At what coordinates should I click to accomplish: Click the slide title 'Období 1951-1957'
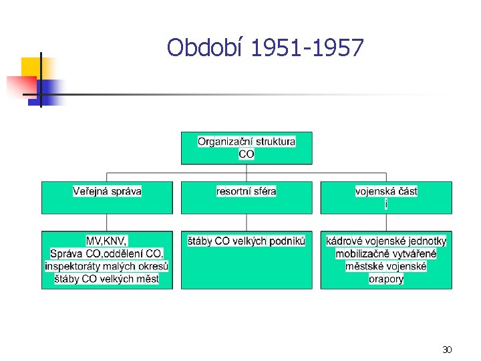point(265,48)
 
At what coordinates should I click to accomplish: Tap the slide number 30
point(447,349)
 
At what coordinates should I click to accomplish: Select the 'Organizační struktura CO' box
point(247,148)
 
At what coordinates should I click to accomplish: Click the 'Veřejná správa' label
point(107,191)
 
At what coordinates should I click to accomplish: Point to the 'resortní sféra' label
point(247,191)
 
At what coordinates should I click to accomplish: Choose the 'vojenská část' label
point(386,191)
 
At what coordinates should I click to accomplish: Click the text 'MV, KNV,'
point(107,241)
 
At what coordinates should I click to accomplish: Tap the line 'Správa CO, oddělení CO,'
point(107,253)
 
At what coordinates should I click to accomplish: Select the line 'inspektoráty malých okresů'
point(107,266)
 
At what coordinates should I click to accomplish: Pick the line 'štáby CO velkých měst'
point(107,279)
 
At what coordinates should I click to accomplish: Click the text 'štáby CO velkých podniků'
point(247,241)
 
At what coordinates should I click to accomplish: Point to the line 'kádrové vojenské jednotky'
point(386,241)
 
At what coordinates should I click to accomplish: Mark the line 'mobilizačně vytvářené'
point(386,253)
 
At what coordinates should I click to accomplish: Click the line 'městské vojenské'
point(386,266)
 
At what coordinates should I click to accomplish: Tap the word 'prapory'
point(386,279)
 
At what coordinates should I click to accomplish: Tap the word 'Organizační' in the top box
point(224,142)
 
